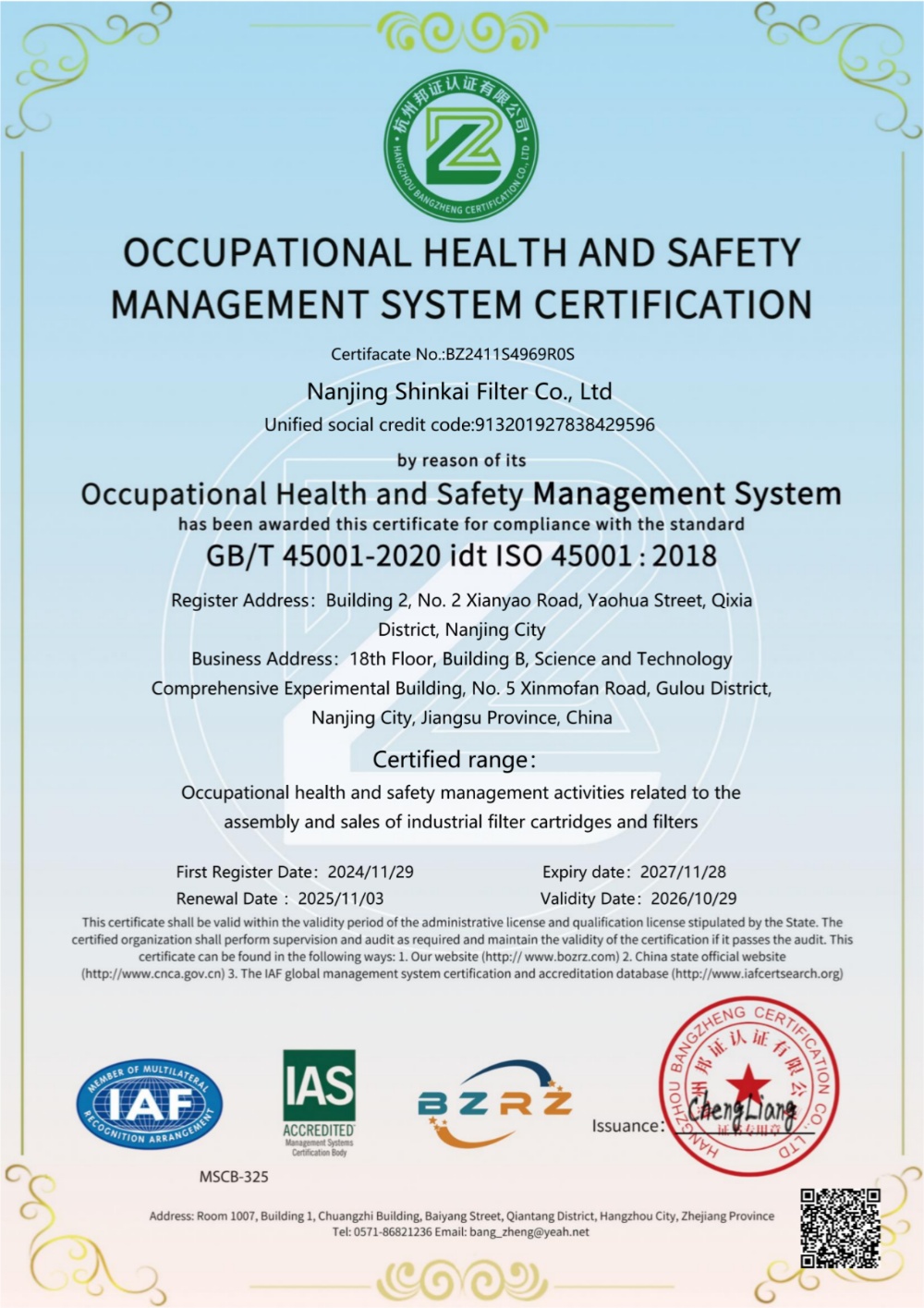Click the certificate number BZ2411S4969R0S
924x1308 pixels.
[x=510, y=354]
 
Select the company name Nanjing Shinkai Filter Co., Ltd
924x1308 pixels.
[x=459, y=392]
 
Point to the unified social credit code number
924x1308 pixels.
[x=564, y=425]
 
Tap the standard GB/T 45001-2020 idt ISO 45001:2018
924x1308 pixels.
[x=461, y=556]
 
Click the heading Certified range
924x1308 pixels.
[x=453, y=760]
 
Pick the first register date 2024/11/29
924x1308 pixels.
[x=371, y=872]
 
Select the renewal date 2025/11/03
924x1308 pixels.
[x=341, y=898]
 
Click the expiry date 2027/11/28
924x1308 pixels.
[x=683, y=872]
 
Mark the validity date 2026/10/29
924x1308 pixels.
[x=693, y=898]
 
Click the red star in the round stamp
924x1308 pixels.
[x=748, y=1082]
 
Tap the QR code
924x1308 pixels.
[x=840, y=1228]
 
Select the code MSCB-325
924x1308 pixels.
[x=234, y=1177]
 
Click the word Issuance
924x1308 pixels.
[x=626, y=1126]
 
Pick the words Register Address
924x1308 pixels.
[x=239, y=601]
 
